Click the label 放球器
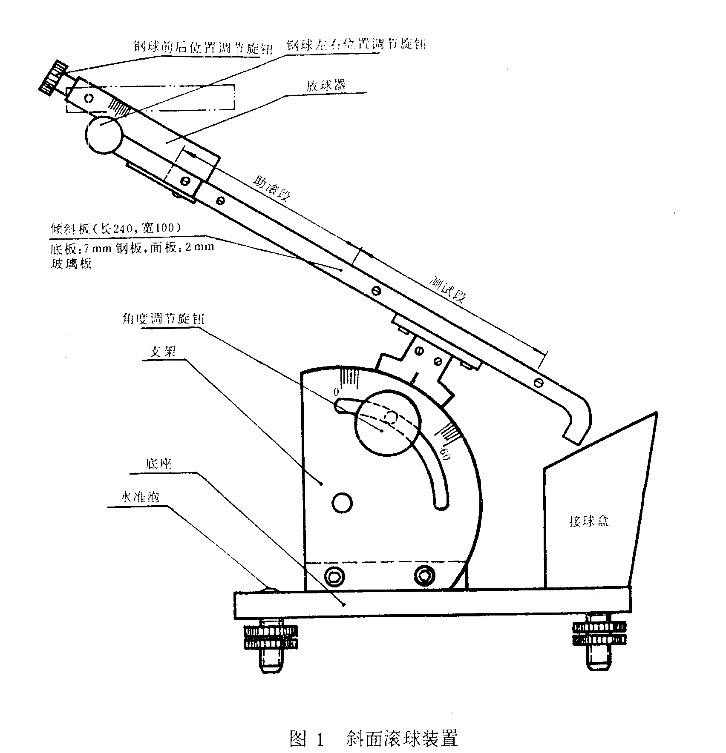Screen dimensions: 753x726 [x=326, y=85]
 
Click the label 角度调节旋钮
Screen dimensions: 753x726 [x=172, y=319]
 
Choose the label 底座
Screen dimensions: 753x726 [x=158, y=464]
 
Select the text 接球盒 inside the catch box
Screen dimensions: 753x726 [x=589, y=522]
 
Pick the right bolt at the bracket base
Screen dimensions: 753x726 [x=423, y=576]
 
